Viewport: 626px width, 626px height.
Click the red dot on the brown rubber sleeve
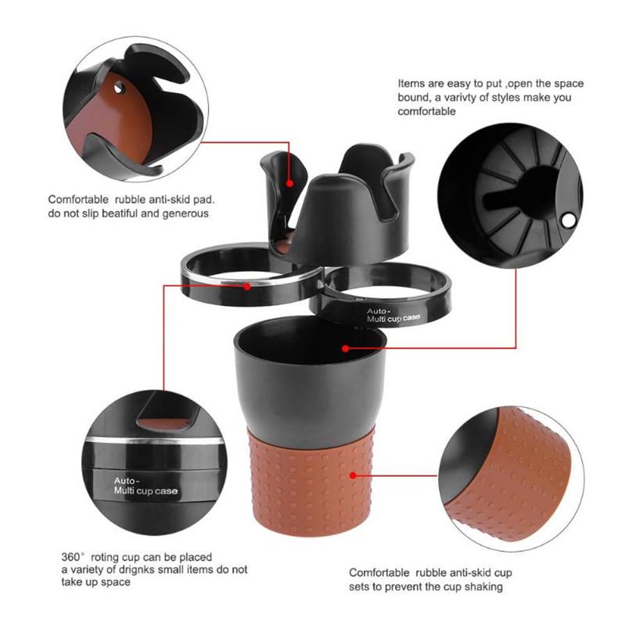353,475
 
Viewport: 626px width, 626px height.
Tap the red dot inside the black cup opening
346,348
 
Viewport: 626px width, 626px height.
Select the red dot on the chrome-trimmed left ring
248,287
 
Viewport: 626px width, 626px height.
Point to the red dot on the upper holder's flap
290,183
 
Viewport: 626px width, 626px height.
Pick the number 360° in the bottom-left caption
73,557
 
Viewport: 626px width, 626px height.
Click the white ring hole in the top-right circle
568,220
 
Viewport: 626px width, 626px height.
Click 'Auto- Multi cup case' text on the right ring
393,315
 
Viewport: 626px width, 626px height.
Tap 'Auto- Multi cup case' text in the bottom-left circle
145,486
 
